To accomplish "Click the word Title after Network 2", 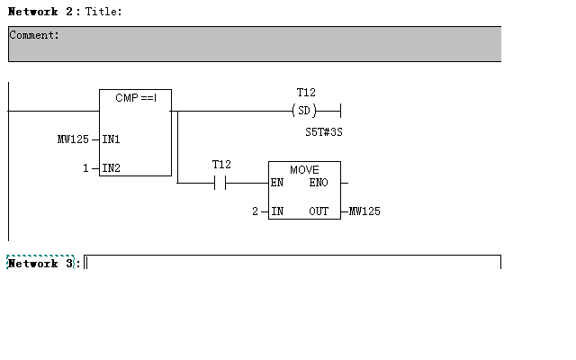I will point(103,12).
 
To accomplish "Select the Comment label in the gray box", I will point(34,35).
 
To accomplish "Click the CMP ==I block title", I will point(136,97).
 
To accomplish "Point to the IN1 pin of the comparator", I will point(112,139).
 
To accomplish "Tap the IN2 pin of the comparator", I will point(112,168).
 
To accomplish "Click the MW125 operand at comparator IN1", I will point(73,139).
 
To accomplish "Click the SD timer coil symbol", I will point(306,111).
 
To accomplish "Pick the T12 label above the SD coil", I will point(306,93).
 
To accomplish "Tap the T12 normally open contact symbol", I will point(221,183).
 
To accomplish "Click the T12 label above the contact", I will point(221,165).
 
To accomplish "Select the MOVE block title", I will point(304,169).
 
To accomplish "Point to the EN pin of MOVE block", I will point(278,183).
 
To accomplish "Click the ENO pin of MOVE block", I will point(319,183).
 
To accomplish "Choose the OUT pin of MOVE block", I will point(319,211).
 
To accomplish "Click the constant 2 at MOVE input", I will point(255,211).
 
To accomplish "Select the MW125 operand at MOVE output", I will point(365,211).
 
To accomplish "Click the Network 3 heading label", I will point(41,264).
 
